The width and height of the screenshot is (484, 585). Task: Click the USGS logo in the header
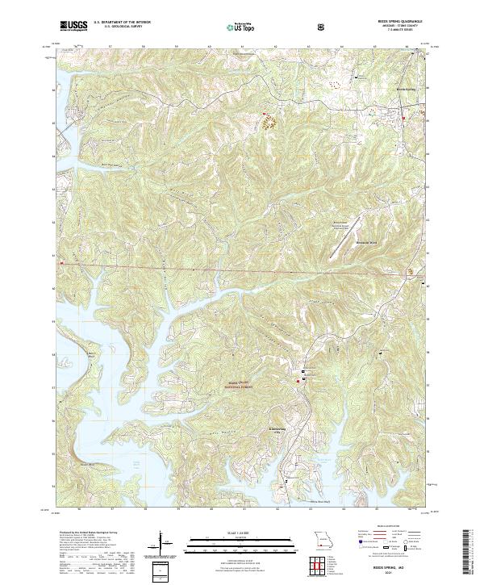point(73,26)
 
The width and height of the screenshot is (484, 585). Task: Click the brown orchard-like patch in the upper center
point(269,123)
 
